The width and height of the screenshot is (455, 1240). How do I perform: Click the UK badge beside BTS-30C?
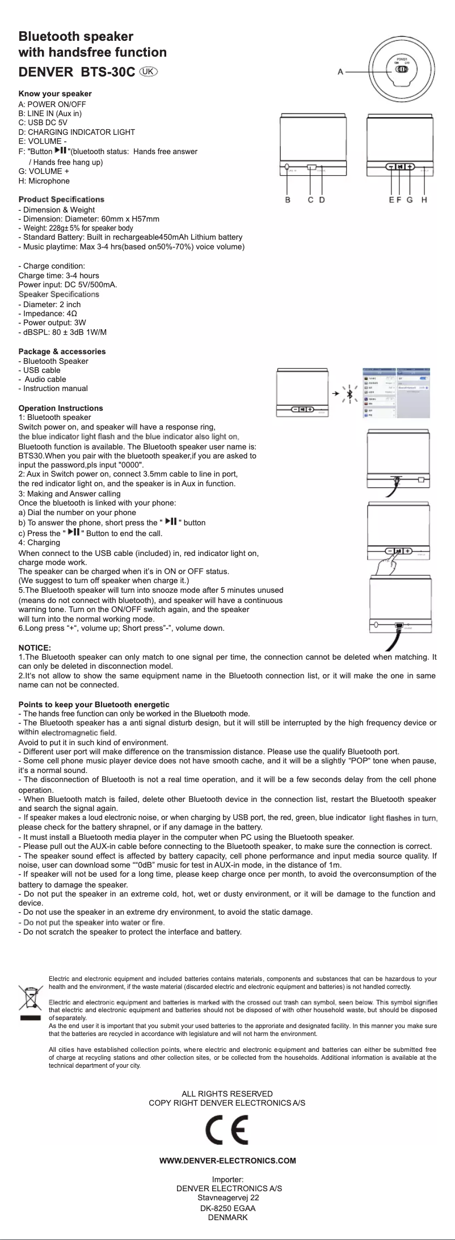click(149, 72)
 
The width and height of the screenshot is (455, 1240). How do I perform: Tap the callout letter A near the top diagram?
click(340, 71)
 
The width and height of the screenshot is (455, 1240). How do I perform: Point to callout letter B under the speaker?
click(288, 199)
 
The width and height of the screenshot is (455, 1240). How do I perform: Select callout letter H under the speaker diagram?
click(424, 199)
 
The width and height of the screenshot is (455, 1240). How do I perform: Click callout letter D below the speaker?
click(322, 199)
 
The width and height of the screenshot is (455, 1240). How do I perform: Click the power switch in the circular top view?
click(402, 70)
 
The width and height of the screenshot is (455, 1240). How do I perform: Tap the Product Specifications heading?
click(61, 199)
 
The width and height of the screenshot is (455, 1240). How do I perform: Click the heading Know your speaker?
click(55, 94)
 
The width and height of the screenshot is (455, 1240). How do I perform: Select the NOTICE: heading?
click(35, 648)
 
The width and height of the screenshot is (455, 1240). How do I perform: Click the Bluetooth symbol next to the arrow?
click(351, 393)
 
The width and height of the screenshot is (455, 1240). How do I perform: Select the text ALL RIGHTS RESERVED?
click(227, 1094)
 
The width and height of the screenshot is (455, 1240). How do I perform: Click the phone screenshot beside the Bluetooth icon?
click(396, 393)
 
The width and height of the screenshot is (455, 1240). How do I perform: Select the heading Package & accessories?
click(62, 351)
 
